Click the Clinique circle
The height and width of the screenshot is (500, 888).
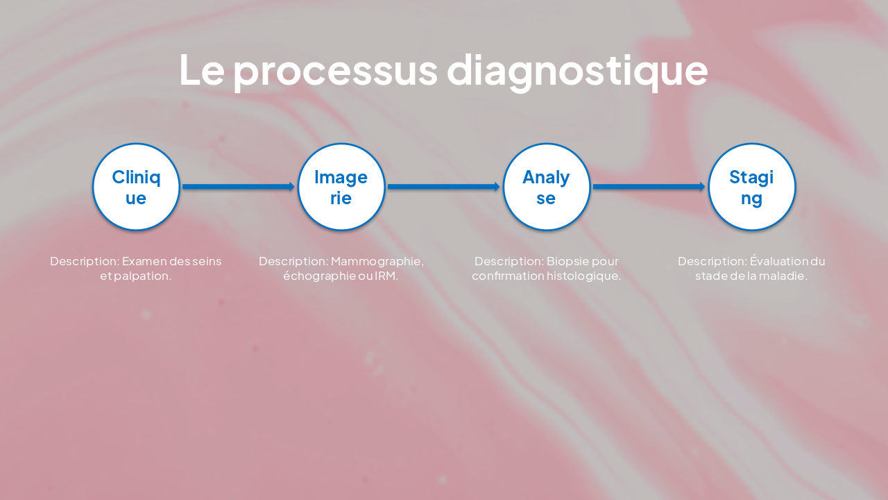point(136,187)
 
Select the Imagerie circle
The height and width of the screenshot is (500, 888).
point(341,187)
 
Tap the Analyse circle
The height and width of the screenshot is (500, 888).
point(547,187)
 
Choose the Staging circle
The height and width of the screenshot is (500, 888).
point(751,187)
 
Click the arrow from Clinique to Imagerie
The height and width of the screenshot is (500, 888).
point(239,187)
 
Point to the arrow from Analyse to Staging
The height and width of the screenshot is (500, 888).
point(649,187)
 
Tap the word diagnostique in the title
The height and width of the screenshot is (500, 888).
point(577,71)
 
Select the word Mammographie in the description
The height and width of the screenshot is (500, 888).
point(377,261)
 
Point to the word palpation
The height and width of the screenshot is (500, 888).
point(146,276)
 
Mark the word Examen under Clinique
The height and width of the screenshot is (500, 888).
point(144,261)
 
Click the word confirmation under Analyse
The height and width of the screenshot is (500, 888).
point(503,276)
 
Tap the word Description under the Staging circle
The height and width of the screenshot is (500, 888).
point(712,261)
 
